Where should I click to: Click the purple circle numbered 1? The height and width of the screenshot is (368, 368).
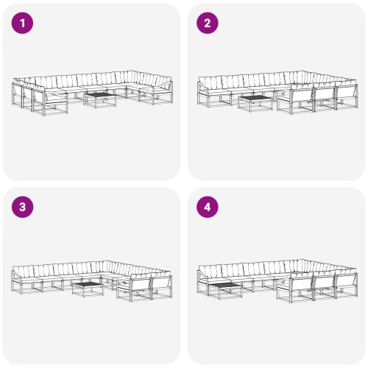pos(22,23)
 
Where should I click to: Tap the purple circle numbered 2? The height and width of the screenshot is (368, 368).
pos(208,23)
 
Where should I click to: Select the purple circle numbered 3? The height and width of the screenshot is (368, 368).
pos(22,207)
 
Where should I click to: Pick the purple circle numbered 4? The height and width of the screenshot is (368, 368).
pos(208,207)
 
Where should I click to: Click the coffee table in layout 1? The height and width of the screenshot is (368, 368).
pos(100,100)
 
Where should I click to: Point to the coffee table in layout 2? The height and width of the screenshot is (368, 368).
pos(255,104)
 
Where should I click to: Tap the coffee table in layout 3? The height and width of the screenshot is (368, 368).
pos(88,289)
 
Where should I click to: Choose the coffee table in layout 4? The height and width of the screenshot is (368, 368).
pos(226,291)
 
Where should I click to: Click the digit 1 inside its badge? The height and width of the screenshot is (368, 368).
pos(23,23)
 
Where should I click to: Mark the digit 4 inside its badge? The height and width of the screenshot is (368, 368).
pos(208,207)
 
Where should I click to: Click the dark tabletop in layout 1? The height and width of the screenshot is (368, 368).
pos(100,95)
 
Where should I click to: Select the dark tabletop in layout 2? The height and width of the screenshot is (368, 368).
pos(255,99)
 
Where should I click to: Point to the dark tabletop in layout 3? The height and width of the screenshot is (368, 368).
pos(88,284)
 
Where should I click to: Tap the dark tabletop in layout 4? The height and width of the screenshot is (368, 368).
pos(226,286)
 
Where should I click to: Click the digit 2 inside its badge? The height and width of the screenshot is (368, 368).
pos(208,23)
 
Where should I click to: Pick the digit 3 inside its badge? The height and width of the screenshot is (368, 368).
pos(22,207)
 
